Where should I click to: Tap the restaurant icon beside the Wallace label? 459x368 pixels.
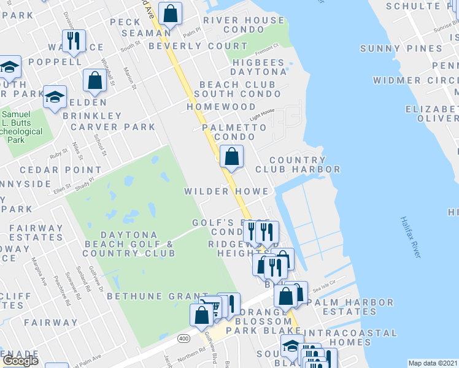coord(73,41)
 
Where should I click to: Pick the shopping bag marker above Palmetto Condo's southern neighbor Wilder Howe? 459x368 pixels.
coord(231,156)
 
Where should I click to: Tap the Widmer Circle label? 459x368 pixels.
coord(415,80)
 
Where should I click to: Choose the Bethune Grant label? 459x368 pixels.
coord(145,296)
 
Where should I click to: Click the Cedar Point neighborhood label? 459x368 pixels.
coord(60,169)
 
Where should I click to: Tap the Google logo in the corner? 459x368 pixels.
coord(20,361)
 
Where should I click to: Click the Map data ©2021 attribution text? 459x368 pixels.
coord(433,363)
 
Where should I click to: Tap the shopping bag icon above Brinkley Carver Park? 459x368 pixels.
coord(95,80)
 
